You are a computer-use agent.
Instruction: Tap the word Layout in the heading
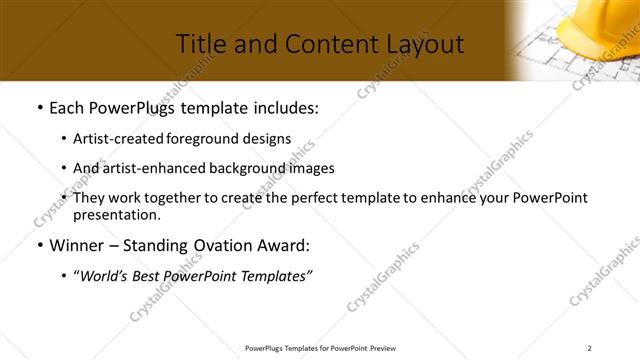pos(420,43)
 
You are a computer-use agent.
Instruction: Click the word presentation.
pos(116,214)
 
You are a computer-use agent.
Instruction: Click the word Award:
pos(283,245)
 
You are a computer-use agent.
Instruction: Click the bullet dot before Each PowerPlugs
pos(38,107)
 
